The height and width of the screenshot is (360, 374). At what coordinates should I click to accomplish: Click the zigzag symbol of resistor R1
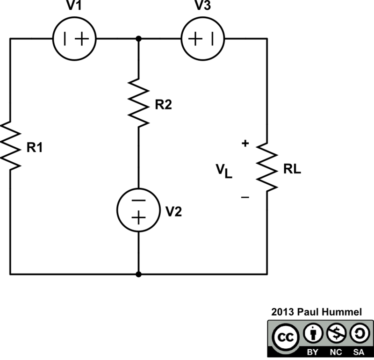(x=10, y=145)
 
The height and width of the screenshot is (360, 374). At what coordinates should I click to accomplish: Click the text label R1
(x=36, y=148)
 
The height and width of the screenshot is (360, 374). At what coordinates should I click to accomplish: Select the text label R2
(x=163, y=105)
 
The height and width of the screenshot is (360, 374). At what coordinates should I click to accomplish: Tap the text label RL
(x=292, y=170)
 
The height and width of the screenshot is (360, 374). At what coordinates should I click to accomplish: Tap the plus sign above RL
(x=245, y=144)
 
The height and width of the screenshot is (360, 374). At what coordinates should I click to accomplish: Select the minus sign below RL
(x=245, y=197)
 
